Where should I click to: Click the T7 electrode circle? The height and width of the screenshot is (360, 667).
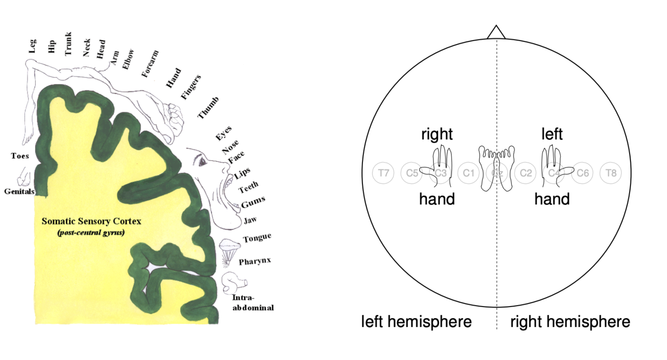[383, 173]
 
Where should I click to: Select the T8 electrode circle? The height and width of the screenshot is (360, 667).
[611, 173]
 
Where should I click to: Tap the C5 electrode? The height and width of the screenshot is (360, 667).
[412, 173]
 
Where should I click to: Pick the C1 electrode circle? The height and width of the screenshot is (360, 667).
[468, 173]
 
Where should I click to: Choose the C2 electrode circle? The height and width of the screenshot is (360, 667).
[525, 173]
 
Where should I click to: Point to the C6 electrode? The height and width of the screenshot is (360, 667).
[582, 173]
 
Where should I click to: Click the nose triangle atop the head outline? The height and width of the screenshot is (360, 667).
[496, 32]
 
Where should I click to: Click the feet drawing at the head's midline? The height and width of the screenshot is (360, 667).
[496, 167]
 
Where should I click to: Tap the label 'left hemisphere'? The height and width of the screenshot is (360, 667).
[416, 321]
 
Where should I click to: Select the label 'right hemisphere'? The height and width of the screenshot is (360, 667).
[570, 321]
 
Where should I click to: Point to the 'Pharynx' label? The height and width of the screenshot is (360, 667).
[255, 261]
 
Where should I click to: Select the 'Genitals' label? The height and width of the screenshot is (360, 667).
[19, 191]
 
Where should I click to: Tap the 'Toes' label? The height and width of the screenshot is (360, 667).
[20, 155]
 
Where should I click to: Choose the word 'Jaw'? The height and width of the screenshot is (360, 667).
[250, 220]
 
